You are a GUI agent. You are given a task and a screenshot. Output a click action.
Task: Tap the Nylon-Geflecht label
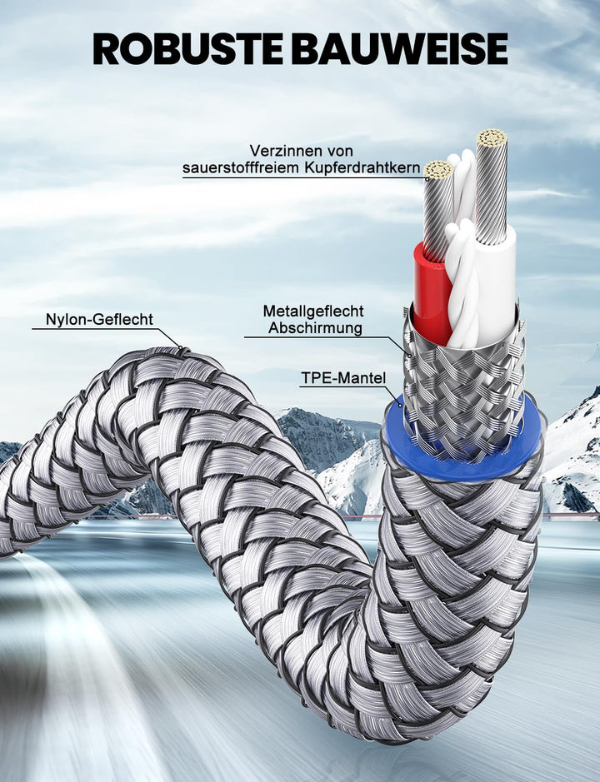pos(99,319)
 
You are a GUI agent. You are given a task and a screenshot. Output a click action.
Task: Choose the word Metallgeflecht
pos(313,311)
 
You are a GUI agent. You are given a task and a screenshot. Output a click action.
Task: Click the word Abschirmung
pos(315,328)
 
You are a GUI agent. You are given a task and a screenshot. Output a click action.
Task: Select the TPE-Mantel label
pos(343,377)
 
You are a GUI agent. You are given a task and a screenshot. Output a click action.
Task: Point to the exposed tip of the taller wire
pos(492,137)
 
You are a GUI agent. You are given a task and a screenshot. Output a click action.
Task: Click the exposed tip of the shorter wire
pos(439,170)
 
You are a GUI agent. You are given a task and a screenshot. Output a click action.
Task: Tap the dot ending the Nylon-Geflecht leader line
pos(180,347)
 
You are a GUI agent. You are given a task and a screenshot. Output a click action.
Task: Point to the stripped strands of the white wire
pos(492,187)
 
